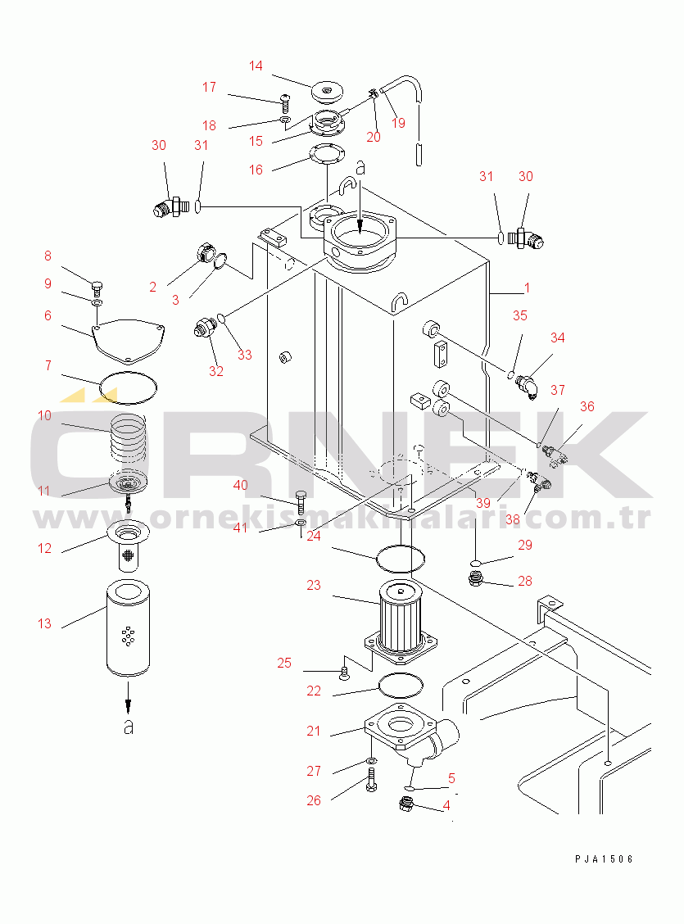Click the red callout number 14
pos(256,66)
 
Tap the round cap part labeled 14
pos(327,91)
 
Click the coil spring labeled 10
pos(128,438)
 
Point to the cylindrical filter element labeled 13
pos(128,628)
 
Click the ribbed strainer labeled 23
pos(401,622)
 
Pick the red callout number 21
pos(314,731)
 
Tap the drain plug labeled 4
pos(406,804)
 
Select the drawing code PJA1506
pos(604,859)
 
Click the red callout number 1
pos(528,288)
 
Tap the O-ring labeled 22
pos(401,686)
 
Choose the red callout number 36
pos(587,406)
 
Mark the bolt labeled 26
pos(370,779)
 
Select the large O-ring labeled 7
pos(128,387)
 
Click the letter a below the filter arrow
pos(129,727)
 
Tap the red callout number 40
pos(240,486)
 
